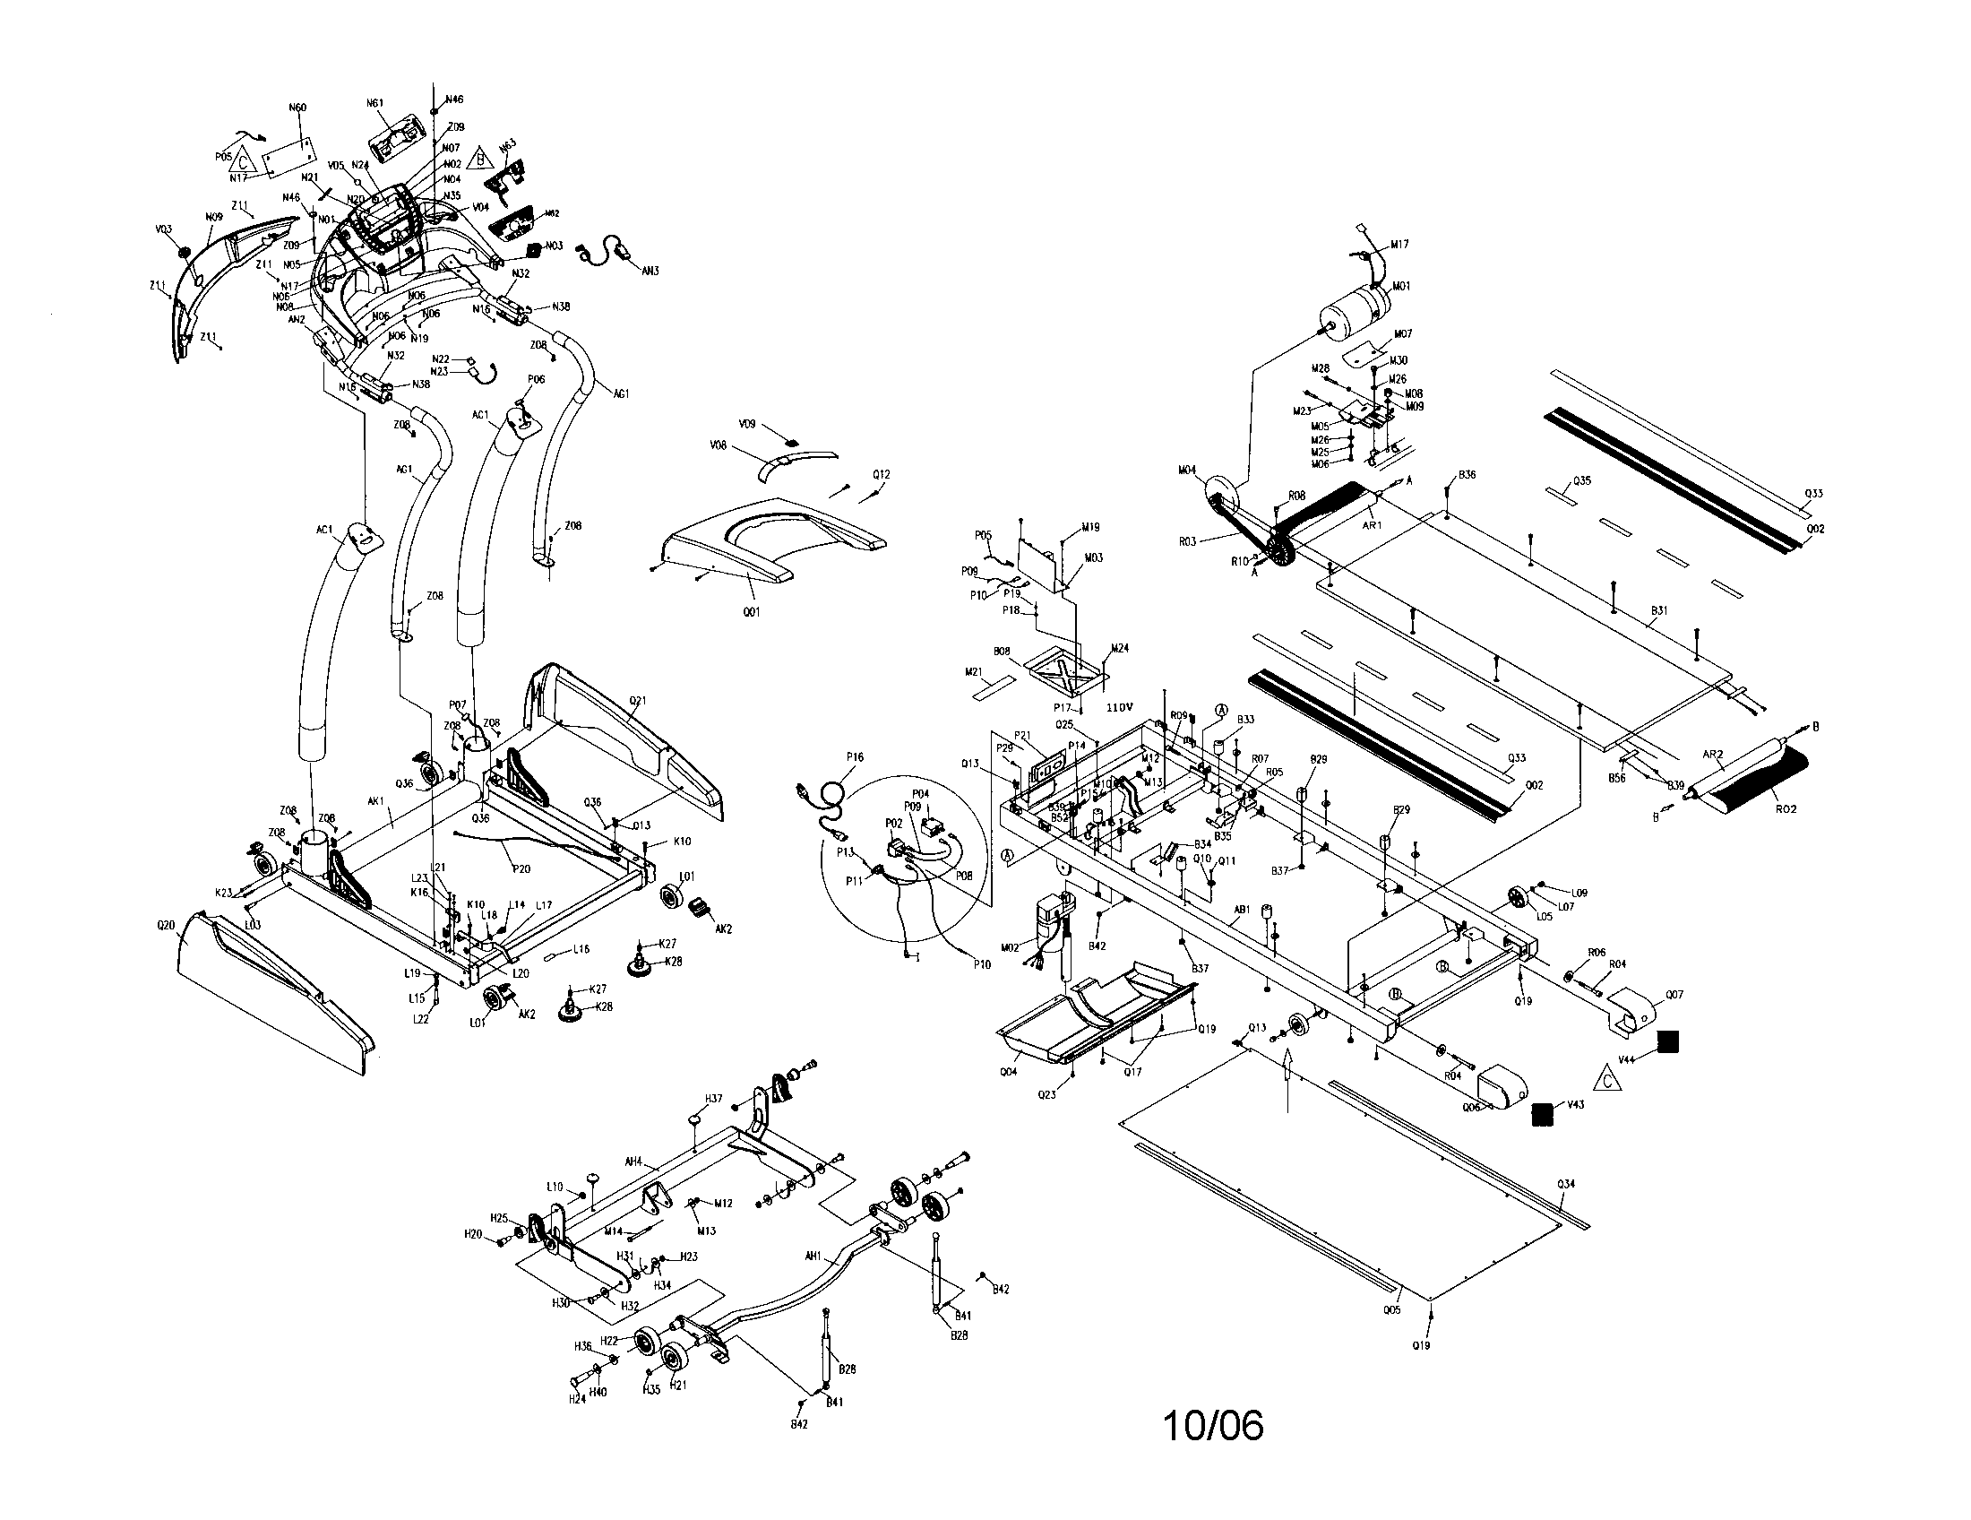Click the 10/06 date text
(x=1212, y=1425)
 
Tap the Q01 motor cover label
(x=752, y=612)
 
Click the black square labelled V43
(x=1544, y=1115)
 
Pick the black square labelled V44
(x=1668, y=1041)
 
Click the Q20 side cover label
(x=165, y=926)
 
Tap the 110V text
(x=1119, y=709)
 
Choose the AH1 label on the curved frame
(x=813, y=1256)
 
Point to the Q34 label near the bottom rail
(x=1566, y=1183)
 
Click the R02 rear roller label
(x=1785, y=808)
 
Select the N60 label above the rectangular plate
(x=297, y=108)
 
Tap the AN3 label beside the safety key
(x=650, y=270)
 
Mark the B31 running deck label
(x=1658, y=611)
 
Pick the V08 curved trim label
(x=718, y=445)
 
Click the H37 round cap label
(x=713, y=1099)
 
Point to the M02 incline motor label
(x=1010, y=946)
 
